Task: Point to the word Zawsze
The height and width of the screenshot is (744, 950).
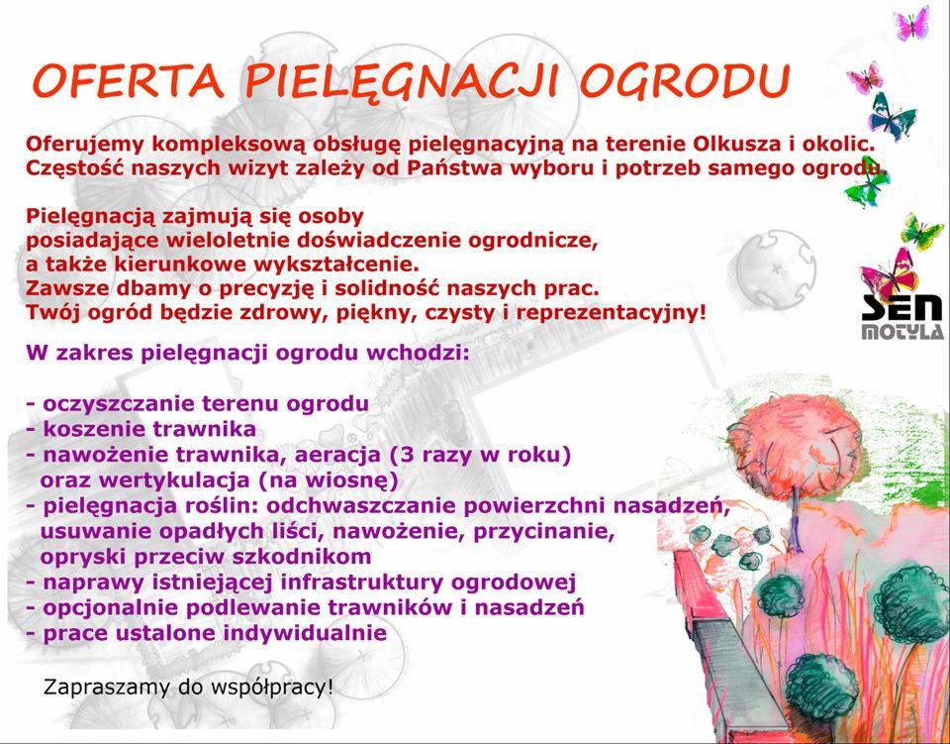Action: point(65,289)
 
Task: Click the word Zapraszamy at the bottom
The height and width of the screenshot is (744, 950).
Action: point(97,687)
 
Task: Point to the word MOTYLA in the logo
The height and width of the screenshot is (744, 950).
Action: point(901,333)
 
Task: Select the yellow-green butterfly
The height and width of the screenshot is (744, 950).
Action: point(920,232)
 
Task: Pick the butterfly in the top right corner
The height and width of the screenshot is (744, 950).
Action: point(910,22)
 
